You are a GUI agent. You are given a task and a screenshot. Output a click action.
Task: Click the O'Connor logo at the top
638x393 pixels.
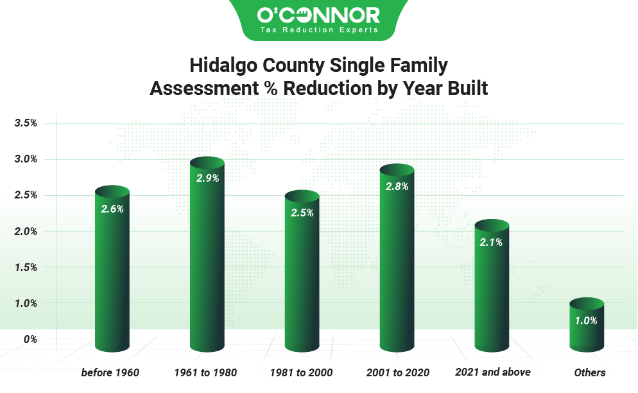coord(318,19)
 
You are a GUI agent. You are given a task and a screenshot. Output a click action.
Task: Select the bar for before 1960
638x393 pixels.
coord(112,269)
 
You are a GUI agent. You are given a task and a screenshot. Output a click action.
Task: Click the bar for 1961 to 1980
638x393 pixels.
coord(207,254)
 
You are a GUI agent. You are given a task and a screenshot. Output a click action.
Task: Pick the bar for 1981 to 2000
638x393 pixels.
coord(302,271)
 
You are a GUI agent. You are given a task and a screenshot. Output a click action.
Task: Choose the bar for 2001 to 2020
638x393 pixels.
coord(397,258)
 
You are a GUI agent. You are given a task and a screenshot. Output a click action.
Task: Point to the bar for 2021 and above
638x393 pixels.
coord(492,286)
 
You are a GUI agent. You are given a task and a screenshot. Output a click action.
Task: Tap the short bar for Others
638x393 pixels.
coord(587,324)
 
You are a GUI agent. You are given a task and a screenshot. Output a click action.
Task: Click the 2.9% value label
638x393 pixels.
coord(207,178)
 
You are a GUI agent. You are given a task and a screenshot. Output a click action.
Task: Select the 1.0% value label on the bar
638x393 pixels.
coord(586,320)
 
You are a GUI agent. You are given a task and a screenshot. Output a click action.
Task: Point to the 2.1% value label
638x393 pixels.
coord(491,242)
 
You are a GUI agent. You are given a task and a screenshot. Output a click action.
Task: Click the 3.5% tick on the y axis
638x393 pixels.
coord(26,123)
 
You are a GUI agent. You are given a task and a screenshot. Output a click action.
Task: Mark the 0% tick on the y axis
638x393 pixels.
coord(30,339)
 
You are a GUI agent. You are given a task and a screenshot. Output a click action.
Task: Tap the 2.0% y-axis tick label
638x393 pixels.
coord(26,231)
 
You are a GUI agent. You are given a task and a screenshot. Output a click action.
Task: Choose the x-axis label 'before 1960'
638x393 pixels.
coord(110,372)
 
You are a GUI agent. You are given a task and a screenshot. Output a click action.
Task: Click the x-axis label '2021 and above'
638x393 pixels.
coord(493,372)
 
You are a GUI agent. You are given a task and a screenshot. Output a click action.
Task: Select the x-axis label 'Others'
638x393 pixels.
coord(590,372)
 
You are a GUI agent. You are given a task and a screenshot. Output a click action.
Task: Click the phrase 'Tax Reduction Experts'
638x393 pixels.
coord(319,30)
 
